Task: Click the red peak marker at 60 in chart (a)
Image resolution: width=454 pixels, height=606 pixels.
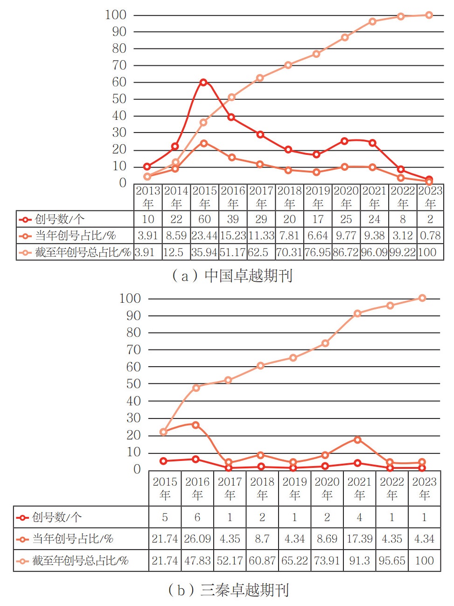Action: coord(203,82)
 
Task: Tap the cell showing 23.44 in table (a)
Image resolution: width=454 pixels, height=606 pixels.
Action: coord(204,236)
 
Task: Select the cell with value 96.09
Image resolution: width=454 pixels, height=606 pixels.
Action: coord(374,252)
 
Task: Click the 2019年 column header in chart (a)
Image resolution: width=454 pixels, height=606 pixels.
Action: coord(318,197)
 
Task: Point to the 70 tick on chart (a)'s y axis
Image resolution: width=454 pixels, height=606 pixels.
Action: coord(119,65)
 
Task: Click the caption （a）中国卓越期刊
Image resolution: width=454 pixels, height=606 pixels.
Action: coord(232,276)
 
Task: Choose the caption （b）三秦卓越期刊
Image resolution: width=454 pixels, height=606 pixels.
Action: coord(228,590)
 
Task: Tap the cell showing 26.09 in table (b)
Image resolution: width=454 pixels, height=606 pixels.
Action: coord(197,539)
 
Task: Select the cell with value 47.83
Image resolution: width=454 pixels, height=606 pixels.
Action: coord(197,560)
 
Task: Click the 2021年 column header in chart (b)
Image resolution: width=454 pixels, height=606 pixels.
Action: coord(359,488)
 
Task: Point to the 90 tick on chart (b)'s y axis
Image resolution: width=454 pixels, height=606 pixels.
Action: coord(133,316)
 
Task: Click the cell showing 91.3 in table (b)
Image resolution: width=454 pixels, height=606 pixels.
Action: coord(359,560)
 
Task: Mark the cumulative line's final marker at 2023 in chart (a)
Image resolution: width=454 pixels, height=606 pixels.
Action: coord(429,15)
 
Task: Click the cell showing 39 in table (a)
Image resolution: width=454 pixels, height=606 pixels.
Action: coord(233,219)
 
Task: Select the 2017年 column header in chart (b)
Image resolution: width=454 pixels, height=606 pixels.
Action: coord(230,488)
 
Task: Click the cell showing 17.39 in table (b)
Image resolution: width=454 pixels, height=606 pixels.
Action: coord(359,539)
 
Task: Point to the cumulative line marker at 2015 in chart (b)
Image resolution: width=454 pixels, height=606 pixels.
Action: coord(163,432)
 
